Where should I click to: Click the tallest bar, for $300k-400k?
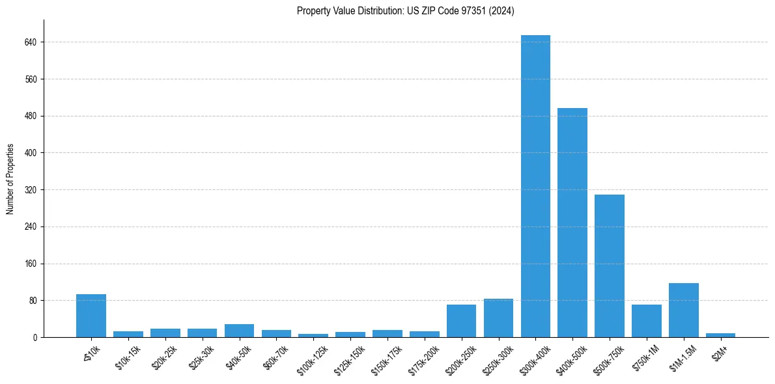(x=535, y=186)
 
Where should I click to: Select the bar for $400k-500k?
(x=572, y=223)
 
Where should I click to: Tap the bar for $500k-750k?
(x=610, y=266)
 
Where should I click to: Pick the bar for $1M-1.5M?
(x=684, y=310)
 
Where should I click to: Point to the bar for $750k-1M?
(x=647, y=321)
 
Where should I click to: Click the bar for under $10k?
(x=91, y=316)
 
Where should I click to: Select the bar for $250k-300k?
(x=498, y=318)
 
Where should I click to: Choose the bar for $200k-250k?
(x=461, y=321)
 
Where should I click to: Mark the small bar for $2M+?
(x=721, y=335)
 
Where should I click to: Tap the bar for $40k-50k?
(x=239, y=331)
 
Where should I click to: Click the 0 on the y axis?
(x=35, y=338)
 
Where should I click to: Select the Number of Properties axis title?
(x=10, y=179)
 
